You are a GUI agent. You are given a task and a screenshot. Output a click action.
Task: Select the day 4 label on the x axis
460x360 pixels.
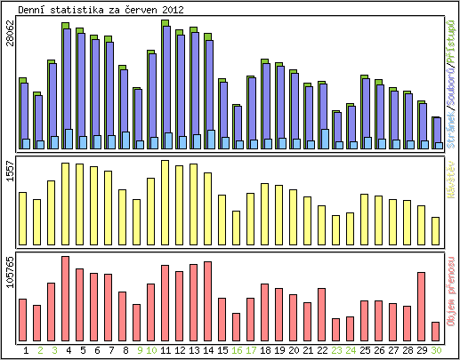[69, 350]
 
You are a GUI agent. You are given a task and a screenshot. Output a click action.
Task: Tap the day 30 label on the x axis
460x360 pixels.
[436, 350]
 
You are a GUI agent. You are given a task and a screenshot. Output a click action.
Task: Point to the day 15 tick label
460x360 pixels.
[224, 350]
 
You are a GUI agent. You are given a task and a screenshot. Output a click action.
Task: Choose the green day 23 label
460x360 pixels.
[336, 350]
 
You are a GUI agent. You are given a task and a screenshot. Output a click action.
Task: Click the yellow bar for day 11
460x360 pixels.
[165, 201]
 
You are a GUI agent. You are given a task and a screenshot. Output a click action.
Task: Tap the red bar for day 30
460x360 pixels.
[436, 331]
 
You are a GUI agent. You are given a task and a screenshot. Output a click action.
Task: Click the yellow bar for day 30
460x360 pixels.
[436, 229]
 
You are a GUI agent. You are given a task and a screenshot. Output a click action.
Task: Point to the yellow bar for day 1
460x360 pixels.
[23, 217]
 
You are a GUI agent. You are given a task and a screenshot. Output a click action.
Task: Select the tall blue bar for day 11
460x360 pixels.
[166, 84]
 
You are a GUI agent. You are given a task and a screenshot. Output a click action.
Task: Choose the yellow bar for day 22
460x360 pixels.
[322, 224]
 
